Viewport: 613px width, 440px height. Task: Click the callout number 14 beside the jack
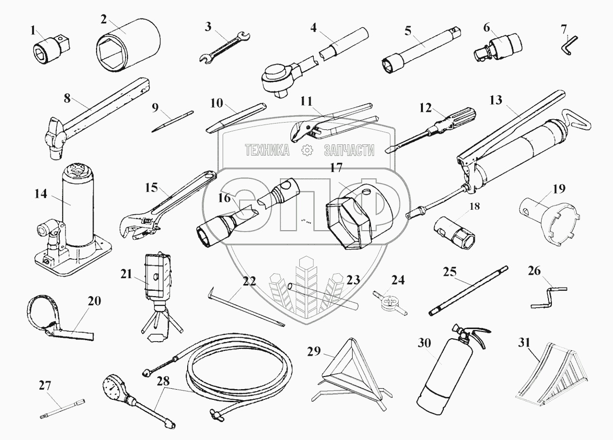click(x=41, y=194)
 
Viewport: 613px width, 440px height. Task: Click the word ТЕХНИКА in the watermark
click(x=267, y=150)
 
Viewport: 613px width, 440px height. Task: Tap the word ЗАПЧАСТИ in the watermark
click(x=349, y=150)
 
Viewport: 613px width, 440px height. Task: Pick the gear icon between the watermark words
click(x=306, y=150)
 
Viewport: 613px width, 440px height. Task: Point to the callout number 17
click(x=337, y=168)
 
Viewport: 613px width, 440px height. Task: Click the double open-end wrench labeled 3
click(x=225, y=47)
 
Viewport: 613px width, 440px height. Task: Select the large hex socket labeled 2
click(x=129, y=46)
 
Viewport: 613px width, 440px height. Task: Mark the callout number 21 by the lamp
click(x=126, y=274)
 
